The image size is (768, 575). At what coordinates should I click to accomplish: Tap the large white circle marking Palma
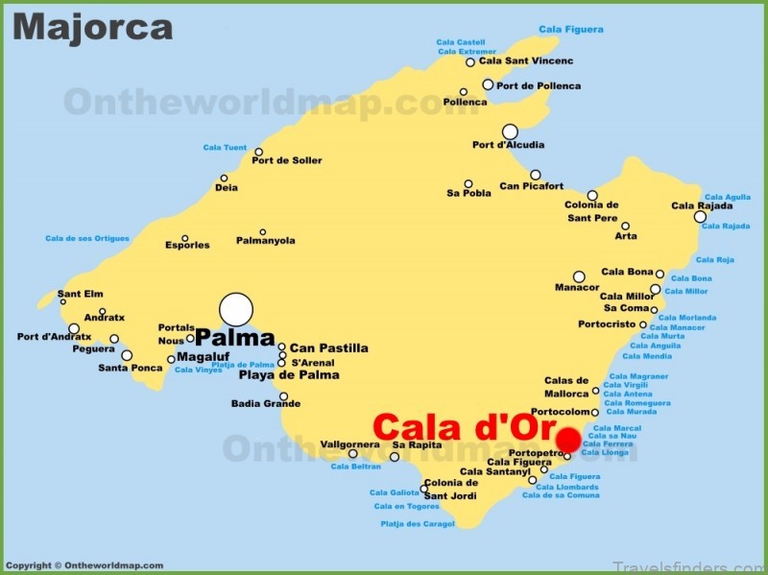pyautogui.click(x=236, y=310)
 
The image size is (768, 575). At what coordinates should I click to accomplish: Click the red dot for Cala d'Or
pyautogui.click(x=568, y=441)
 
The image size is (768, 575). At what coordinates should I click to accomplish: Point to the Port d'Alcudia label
pyautogui.click(x=508, y=146)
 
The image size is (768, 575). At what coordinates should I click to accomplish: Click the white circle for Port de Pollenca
pyautogui.click(x=488, y=84)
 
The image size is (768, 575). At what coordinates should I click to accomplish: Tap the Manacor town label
pyautogui.click(x=577, y=287)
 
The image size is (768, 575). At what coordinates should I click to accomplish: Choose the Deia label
pyautogui.click(x=227, y=188)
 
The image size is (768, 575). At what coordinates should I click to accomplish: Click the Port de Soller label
pyautogui.click(x=287, y=160)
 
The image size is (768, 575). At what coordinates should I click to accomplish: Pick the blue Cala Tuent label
pyautogui.click(x=225, y=148)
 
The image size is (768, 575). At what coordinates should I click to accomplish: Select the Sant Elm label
pyautogui.click(x=81, y=295)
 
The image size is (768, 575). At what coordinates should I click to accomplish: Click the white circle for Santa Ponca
pyautogui.click(x=127, y=355)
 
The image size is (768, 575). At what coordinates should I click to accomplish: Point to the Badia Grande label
pyautogui.click(x=266, y=404)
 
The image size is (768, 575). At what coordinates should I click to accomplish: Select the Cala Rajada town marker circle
pyautogui.click(x=700, y=217)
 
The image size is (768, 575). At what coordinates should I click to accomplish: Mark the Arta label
pyautogui.click(x=626, y=236)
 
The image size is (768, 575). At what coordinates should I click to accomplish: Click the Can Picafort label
pyautogui.click(x=532, y=186)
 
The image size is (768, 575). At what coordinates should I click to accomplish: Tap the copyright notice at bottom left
pyautogui.click(x=84, y=565)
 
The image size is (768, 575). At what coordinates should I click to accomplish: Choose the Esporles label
pyautogui.click(x=186, y=245)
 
